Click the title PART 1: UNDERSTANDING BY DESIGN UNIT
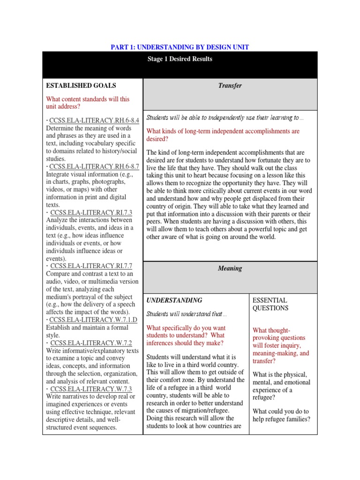(180, 47)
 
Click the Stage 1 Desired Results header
(180, 59)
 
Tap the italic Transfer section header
(230, 86)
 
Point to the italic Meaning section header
(230, 269)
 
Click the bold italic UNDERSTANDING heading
(174, 300)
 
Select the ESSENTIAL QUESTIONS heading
(270, 304)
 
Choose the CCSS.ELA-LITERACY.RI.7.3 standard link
(91, 212)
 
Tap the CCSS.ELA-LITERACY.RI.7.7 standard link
(91, 266)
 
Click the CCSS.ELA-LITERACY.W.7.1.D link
(93, 320)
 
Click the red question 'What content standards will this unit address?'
(88, 103)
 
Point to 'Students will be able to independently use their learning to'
(225, 118)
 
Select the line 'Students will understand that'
(187, 314)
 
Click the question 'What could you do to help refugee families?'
(281, 415)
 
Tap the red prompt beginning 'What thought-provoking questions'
(280, 345)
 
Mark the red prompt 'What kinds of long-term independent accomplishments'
(223, 135)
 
